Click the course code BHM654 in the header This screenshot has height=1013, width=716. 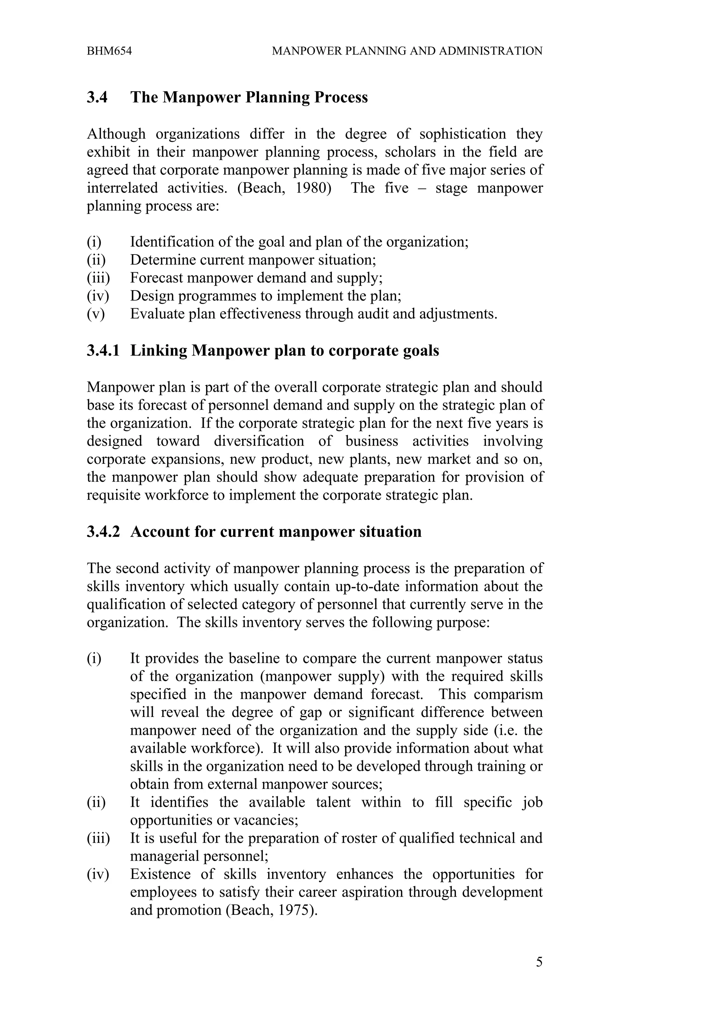pos(109,51)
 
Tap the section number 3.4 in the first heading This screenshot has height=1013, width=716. pos(97,97)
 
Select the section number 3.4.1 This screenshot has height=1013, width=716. pos(103,351)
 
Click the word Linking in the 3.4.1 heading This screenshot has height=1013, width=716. pos(159,351)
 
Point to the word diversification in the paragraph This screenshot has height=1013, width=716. pos(259,441)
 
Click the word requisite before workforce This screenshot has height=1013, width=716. pos(113,495)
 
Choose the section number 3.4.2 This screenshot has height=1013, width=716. pos(103,532)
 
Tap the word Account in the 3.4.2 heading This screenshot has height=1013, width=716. pos(160,532)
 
